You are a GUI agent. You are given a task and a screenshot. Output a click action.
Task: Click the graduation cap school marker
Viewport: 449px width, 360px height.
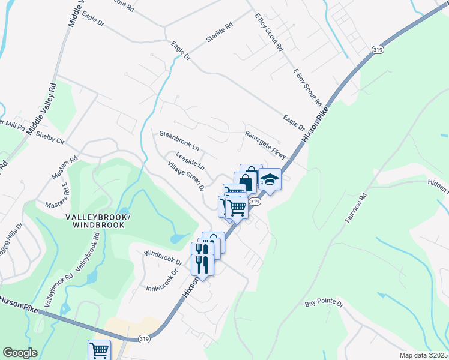tap(270, 179)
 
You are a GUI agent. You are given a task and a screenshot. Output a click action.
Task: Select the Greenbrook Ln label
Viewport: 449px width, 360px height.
tap(179, 140)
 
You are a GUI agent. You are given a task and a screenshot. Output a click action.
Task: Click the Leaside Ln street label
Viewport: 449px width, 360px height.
tap(190, 160)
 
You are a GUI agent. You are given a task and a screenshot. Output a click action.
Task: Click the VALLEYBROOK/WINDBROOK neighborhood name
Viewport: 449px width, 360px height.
tap(98, 221)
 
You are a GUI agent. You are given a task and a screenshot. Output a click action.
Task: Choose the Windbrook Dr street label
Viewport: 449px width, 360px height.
tap(163, 257)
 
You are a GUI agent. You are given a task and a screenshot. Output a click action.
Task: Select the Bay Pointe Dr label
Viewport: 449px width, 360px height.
tap(323, 304)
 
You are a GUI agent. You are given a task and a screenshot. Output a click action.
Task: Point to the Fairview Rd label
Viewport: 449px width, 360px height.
tap(355, 209)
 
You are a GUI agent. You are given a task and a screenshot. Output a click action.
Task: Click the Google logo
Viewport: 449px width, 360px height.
tap(20, 353)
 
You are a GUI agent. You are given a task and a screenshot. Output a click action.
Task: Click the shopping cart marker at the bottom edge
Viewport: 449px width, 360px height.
tap(99, 349)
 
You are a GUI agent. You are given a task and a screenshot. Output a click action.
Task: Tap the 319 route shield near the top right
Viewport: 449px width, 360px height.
tap(378, 50)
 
